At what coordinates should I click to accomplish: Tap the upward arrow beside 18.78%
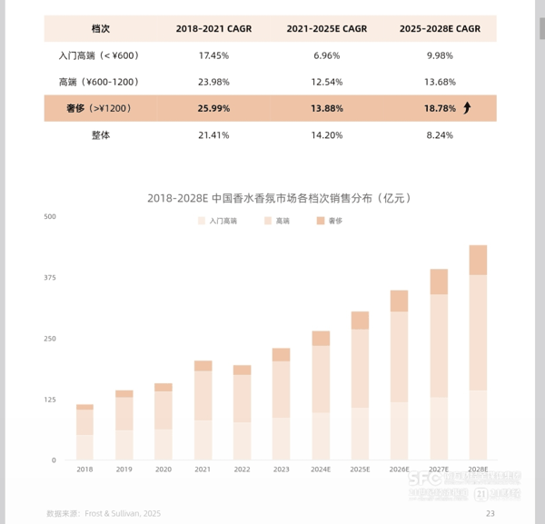point(467,108)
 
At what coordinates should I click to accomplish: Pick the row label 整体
point(100,134)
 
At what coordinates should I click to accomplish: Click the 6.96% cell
point(326,55)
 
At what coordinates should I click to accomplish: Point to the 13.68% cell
point(439,82)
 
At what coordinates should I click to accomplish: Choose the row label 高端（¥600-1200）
point(100,82)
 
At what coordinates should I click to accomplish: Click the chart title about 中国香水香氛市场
point(272,197)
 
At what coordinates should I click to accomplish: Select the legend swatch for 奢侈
point(321,221)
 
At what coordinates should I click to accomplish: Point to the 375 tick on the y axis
point(50,277)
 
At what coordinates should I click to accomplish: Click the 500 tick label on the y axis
point(50,216)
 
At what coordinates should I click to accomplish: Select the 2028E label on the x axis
point(478,470)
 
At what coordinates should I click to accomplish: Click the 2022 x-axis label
point(242,470)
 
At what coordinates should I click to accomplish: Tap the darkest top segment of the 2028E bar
point(478,260)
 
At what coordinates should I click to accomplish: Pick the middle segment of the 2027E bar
point(439,345)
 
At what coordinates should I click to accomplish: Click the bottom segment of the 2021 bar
point(203,440)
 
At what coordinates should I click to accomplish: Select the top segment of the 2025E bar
point(360,320)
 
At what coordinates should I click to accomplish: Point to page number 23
point(490,513)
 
